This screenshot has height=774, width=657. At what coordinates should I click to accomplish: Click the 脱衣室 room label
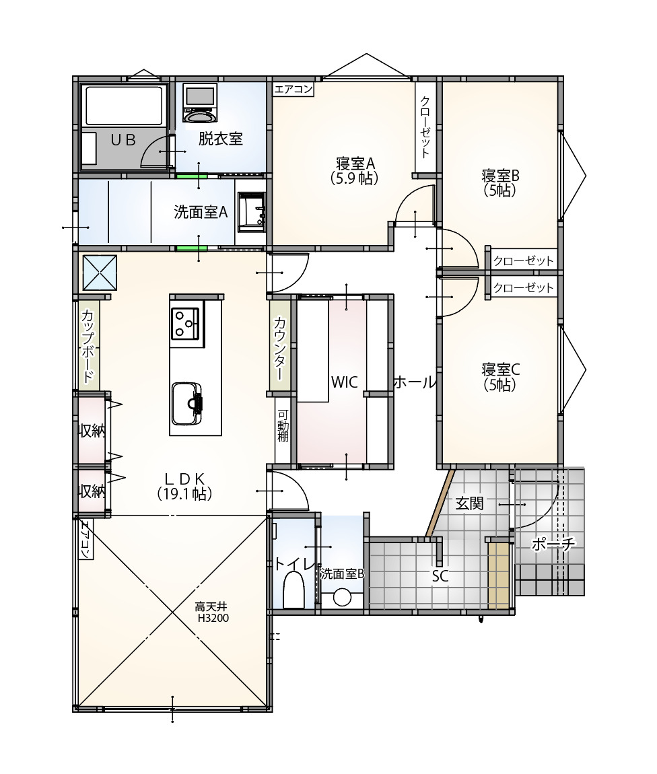point(220,139)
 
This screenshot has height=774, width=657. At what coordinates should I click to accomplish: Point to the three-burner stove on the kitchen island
point(186,324)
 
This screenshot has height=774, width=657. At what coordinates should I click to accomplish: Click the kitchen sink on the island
point(187,403)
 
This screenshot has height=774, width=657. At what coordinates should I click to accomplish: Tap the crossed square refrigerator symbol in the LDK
point(100,273)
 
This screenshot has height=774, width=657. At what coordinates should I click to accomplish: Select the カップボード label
point(88,345)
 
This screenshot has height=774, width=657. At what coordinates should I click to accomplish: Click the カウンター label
point(280,345)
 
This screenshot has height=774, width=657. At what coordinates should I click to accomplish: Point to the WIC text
point(344,382)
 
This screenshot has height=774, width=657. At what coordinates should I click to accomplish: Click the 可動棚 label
point(283,426)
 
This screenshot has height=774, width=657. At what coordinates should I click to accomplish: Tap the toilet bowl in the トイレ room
point(293,590)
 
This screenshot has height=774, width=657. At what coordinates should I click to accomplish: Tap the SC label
point(440,576)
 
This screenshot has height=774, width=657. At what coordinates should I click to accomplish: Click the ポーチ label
point(553,544)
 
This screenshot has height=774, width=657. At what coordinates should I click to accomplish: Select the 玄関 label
point(469,503)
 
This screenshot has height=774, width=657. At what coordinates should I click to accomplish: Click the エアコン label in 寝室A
point(293,89)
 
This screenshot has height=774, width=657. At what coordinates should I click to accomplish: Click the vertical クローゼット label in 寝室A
point(425,127)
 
